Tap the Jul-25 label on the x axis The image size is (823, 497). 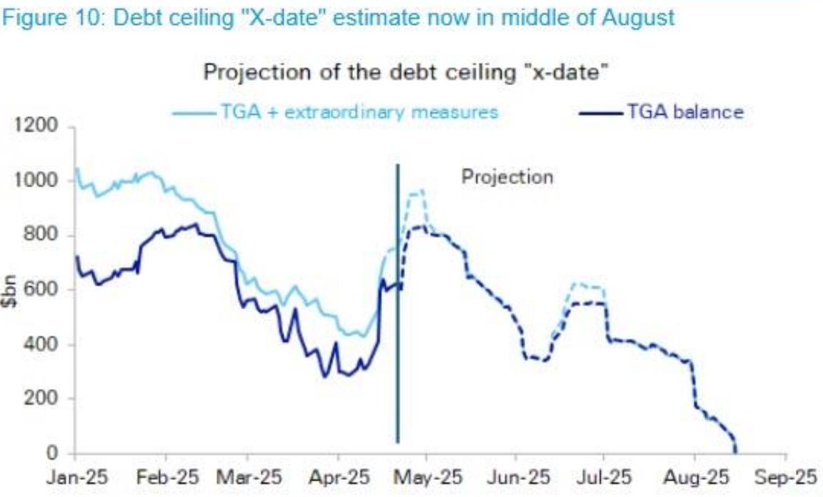[604, 476]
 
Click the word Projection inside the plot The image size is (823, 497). [507, 176]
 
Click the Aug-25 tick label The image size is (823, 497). [694, 476]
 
